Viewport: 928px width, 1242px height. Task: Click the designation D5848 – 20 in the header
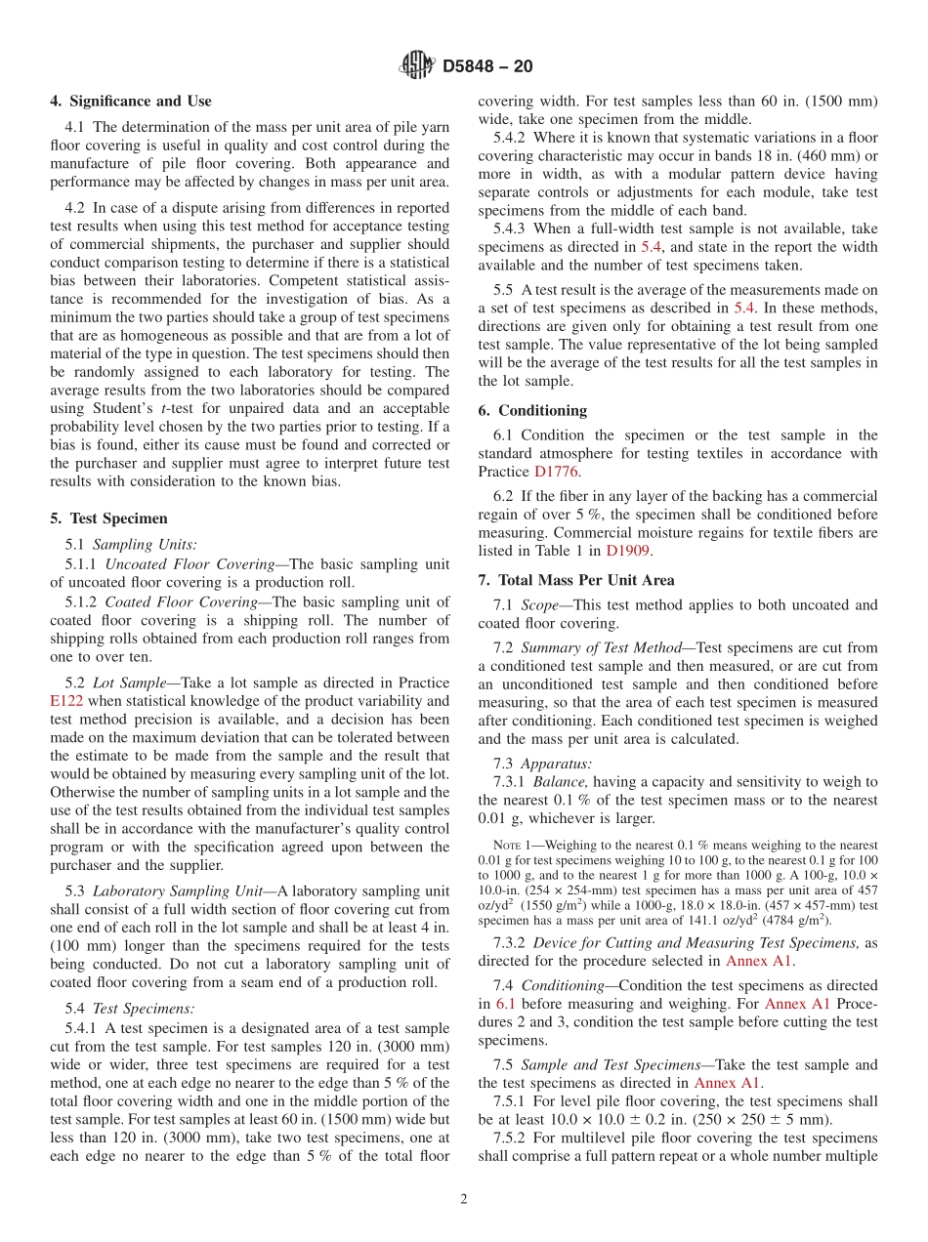(487, 67)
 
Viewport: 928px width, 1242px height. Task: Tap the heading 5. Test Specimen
(108, 518)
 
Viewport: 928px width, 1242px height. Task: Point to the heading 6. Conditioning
(532, 410)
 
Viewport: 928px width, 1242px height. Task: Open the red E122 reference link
(65, 701)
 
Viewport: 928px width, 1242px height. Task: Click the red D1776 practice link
(557, 472)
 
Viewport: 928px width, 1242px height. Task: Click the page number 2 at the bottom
(464, 1199)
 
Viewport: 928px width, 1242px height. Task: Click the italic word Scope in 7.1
(540, 605)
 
